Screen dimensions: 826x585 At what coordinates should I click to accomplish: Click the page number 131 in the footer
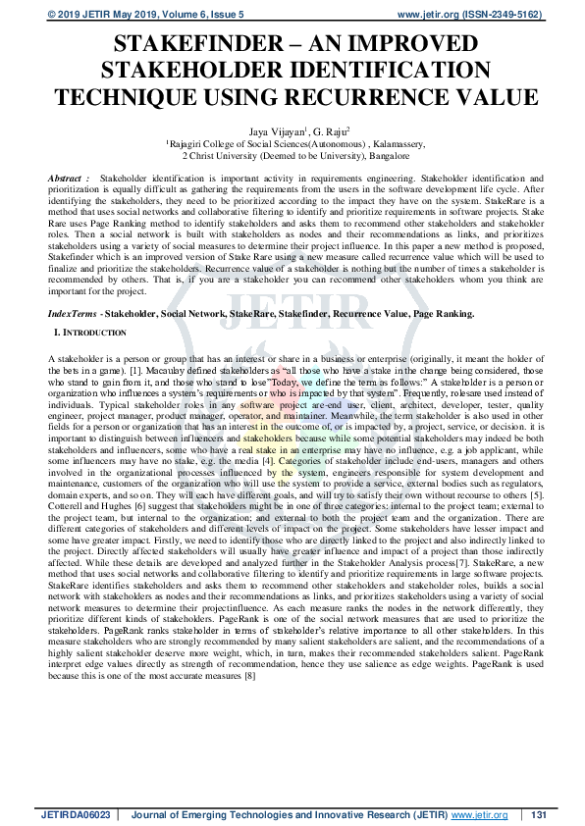point(538,815)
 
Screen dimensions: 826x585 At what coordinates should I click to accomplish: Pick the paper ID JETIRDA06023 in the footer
point(74,815)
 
